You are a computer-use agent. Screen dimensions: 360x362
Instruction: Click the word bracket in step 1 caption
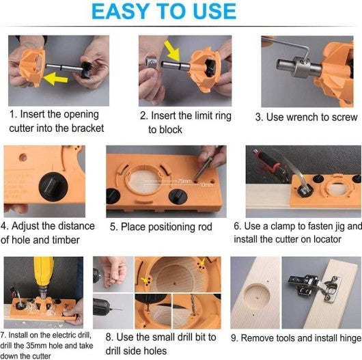point(85,129)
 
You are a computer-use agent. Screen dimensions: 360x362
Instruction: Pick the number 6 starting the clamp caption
point(236,225)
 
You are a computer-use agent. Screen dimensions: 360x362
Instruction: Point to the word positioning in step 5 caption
point(164,227)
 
